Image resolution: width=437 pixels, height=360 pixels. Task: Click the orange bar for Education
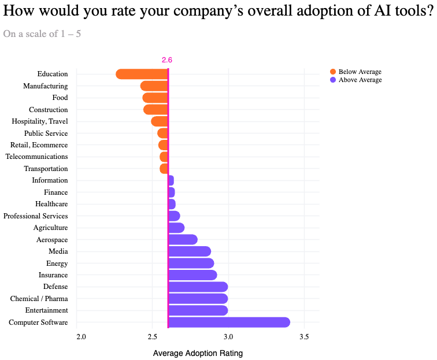[x=142, y=74]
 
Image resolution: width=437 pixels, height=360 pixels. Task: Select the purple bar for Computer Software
[x=229, y=322]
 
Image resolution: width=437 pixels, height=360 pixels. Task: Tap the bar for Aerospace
[x=183, y=240]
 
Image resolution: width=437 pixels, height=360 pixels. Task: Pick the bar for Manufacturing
[x=154, y=86]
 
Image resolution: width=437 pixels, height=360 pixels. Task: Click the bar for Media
[x=190, y=251]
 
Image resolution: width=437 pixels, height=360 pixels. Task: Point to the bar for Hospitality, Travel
[x=160, y=121]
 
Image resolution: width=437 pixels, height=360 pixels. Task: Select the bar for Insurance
[x=192, y=275]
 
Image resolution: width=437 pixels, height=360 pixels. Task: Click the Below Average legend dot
[x=333, y=72]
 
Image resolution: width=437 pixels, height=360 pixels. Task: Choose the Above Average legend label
[x=360, y=80]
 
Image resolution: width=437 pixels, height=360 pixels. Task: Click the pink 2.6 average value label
[x=167, y=60]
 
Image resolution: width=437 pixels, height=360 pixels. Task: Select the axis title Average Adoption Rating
[x=198, y=353]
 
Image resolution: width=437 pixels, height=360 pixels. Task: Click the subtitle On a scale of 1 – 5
[x=42, y=34]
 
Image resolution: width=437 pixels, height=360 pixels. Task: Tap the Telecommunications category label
[x=36, y=157]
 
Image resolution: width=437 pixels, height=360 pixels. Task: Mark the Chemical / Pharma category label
[x=39, y=299]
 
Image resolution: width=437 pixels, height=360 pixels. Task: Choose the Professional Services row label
[x=35, y=216]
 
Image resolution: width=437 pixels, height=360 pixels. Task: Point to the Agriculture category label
[x=50, y=228]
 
